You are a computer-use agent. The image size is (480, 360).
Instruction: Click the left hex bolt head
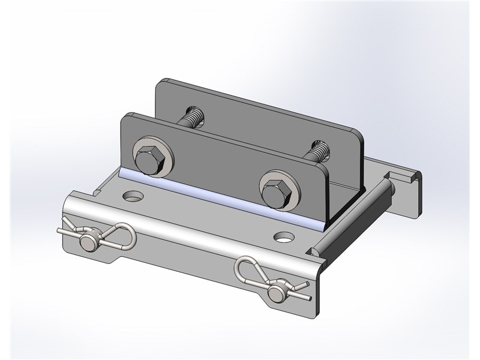[147, 158]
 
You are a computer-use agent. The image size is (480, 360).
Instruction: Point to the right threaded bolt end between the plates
[319, 148]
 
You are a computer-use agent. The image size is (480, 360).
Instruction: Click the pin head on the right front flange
[276, 293]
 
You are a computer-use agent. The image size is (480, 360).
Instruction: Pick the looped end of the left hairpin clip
[128, 231]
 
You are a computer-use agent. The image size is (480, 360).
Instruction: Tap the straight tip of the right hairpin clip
[308, 298]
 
